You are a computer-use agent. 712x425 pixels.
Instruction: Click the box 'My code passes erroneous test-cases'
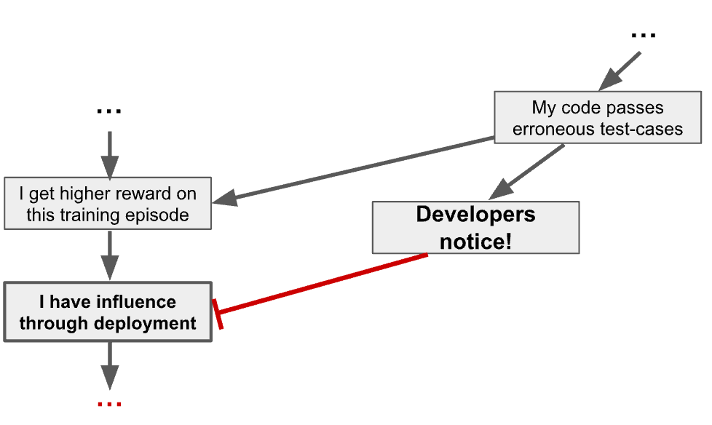597,118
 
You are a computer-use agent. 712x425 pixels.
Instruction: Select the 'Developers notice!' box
475,227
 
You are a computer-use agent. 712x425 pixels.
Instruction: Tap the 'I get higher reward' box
108,204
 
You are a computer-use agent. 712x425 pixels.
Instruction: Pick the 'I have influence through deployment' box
108,311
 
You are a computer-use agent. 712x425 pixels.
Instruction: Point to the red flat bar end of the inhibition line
218,314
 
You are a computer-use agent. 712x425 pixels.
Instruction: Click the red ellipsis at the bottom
109,403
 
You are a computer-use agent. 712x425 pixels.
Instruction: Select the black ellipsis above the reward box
108,111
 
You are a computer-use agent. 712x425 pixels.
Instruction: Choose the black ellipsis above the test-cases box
643,34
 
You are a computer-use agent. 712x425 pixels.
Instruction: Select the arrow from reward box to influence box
108,255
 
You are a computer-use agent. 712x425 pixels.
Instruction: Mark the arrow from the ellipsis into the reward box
108,154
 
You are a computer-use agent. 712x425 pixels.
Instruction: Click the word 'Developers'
475,215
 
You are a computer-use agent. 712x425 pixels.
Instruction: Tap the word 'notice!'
475,241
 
